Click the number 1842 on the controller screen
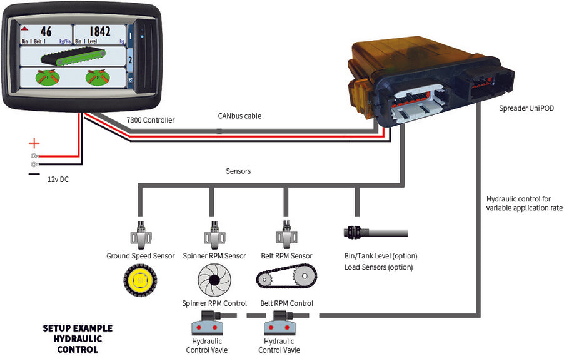coord(99,31)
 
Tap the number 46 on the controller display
coord(46,31)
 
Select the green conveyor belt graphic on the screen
coord(71,58)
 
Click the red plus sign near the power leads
coord(34,143)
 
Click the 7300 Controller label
coord(151,120)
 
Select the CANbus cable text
coord(239,116)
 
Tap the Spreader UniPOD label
coord(529,108)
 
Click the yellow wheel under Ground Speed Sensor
coord(139,280)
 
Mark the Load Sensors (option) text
coord(379,267)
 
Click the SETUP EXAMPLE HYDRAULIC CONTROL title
coord(78,338)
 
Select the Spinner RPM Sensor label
coord(214,256)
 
